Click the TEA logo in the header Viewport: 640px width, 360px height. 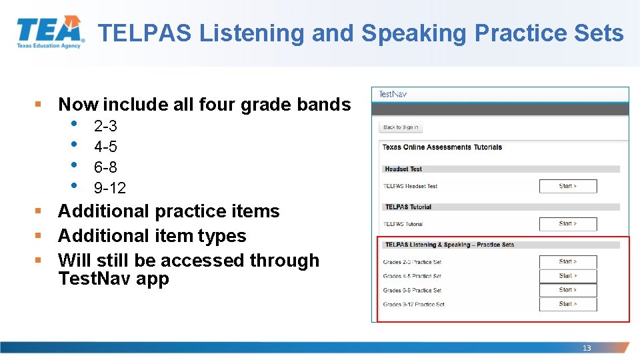coord(51,32)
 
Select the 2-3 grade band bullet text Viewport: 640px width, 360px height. coord(105,126)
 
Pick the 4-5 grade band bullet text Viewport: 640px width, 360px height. coord(105,147)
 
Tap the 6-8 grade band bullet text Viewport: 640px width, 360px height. coord(105,167)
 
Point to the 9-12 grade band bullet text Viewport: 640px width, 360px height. coord(109,188)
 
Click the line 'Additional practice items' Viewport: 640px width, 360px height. coord(169,211)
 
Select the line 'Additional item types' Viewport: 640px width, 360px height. coord(152,236)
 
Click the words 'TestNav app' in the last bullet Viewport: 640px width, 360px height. coord(113,279)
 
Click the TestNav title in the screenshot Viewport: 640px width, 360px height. coord(393,94)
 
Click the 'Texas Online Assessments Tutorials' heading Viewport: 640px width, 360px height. coord(442,147)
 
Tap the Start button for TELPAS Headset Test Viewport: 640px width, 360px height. coord(567,187)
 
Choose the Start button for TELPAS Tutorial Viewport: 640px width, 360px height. coord(567,224)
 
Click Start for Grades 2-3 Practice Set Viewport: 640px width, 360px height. coord(567,262)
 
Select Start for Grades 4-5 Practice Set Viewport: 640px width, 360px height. coord(567,276)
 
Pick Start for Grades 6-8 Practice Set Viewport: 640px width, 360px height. coord(567,290)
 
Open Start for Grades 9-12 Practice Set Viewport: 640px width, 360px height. coord(567,304)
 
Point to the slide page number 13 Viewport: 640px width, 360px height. coord(587,348)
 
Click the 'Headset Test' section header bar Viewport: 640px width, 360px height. coord(500,169)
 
